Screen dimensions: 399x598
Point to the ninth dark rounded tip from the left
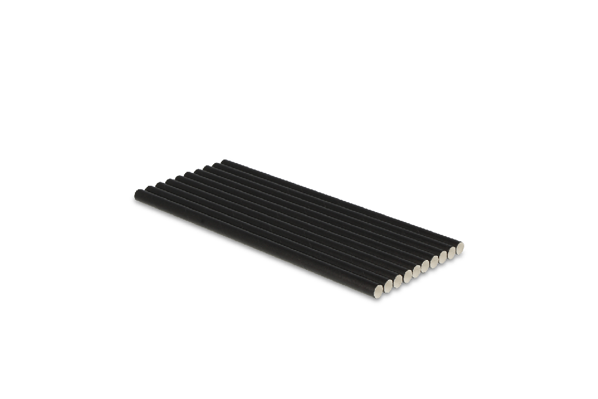(x=215, y=162)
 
